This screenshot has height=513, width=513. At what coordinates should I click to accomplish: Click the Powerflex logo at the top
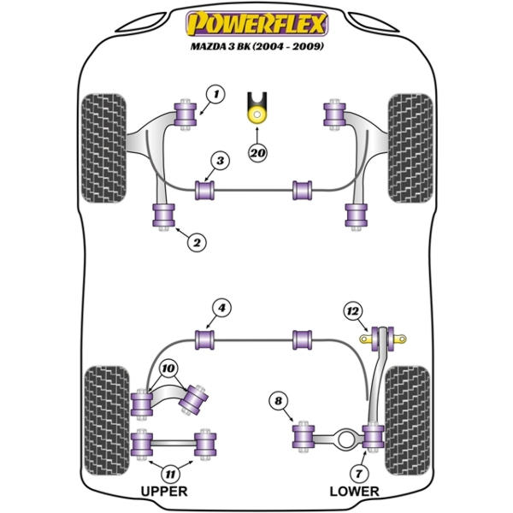coord(256,22)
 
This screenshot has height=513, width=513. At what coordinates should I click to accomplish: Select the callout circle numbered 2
coord(197,243)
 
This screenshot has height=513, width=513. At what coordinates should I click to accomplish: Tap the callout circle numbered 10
coord(168,369)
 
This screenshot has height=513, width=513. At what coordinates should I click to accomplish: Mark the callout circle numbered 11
coord(172,471)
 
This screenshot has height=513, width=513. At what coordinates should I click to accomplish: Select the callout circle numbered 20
coord(256,153)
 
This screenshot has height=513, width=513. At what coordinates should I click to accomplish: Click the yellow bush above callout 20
coord(256,112)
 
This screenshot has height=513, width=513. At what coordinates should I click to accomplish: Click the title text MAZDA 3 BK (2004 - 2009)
coord(256,45)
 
